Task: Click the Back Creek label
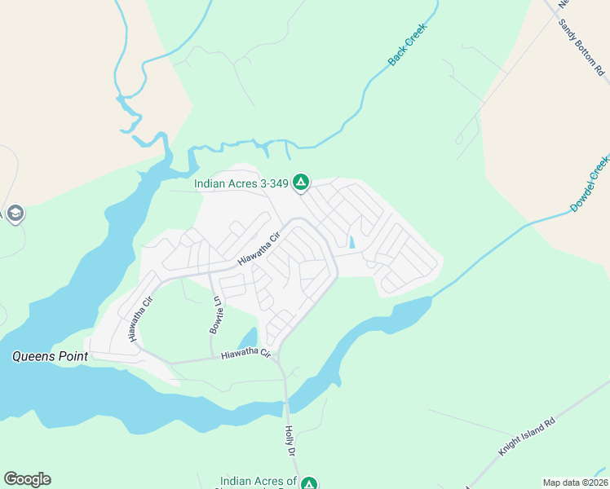[407, 45]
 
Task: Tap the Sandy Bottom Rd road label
[583, 48]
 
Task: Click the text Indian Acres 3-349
[241, 183]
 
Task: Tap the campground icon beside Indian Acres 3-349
[301, 182]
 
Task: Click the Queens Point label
[45, 356]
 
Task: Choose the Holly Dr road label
[289, 440]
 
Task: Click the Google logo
[27, 479]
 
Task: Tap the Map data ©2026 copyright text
[575, 482]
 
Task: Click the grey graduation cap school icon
[15, 214]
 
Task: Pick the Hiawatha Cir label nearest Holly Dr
[245, 353]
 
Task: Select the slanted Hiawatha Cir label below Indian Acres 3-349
[259, 248]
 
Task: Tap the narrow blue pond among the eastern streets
[352, 242]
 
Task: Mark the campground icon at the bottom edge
[308, 483]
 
